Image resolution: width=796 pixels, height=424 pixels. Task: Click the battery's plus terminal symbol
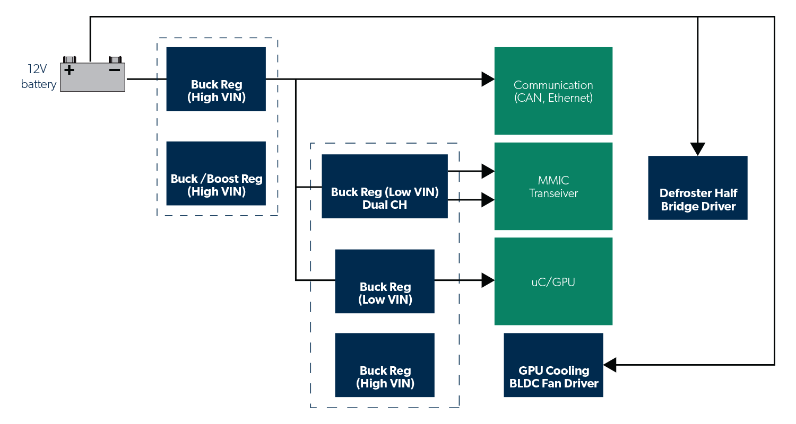(69, 70)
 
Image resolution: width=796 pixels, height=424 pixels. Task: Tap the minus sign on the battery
(114, 70)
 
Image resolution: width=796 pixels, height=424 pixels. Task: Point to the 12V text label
(38, 69)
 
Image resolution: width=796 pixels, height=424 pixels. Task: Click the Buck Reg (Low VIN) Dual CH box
(384, 186)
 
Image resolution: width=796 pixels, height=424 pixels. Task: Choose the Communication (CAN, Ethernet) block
(553, 91)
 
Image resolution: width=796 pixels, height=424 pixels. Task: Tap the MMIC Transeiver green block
(553, 186)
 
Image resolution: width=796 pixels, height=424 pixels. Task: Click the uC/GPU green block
(553, 281)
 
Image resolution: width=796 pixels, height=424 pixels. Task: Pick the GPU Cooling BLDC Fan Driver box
(553, 365)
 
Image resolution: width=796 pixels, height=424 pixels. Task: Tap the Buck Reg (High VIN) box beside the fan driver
(384, 365)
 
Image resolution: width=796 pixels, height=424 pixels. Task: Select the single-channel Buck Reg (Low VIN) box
(384, 281)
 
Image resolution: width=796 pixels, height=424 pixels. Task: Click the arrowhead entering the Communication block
(488, 79)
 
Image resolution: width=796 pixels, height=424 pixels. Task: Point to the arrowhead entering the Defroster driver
(697, 149)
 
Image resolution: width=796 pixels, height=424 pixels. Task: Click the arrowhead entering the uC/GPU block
(488, 280)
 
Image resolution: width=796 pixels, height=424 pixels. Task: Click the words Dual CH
(384, 205)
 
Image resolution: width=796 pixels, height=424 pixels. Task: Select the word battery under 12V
(39, 84)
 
